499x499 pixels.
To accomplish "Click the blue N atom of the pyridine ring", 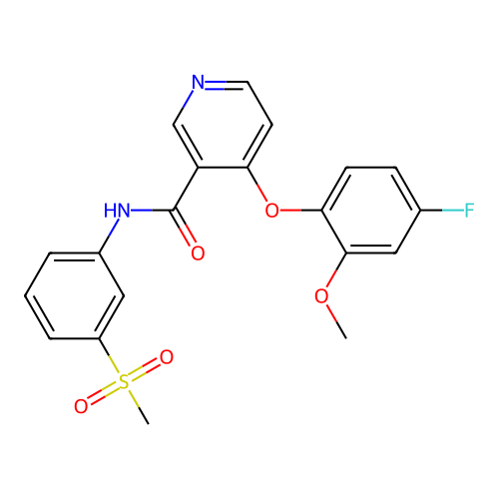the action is point(199,82).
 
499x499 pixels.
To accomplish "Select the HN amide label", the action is point(117,211).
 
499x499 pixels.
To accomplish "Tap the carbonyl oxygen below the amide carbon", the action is point(198,253).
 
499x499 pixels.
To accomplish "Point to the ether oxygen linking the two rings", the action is point(272,211).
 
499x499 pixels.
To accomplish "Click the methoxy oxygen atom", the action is point(321,295).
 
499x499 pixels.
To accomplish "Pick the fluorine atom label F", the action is point(469,211).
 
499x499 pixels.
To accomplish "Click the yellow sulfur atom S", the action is point(124,381).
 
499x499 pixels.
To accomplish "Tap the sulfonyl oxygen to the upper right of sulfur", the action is point(167,357).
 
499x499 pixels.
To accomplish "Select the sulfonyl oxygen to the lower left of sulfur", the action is point(81,406).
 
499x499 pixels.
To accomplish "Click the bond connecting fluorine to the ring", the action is point(442,211).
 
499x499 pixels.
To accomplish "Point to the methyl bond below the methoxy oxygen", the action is point(336,321).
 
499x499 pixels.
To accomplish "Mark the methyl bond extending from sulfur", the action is point(139,407).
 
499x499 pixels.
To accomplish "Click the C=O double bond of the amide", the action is point(184,228).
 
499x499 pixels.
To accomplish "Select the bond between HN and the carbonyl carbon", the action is point(153,211).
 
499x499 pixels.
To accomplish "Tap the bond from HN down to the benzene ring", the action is point(109,236).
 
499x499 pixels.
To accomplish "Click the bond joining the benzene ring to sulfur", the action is point(109,355).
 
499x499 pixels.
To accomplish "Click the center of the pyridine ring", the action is point(223,125).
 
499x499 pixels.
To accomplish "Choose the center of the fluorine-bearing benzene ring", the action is point(371,211).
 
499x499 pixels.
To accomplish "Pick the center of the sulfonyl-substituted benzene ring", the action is point(75,295).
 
